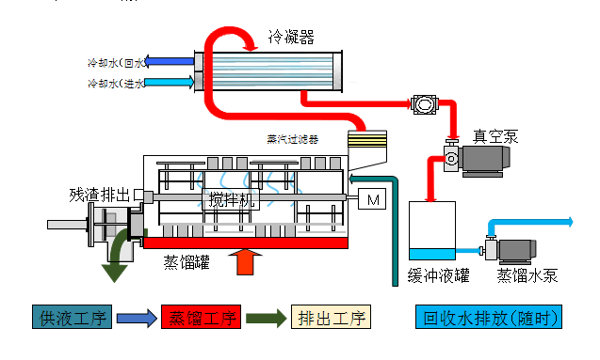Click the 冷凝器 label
pyautogui.click(x=291, y=37)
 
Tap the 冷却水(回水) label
pyautogui.click(x=117, y=64)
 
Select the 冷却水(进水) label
pyautogui.click(x=117, y=84)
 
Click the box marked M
pyautogui.click(x=372, y=199)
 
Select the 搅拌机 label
pyautogui.click(x=229, y=199)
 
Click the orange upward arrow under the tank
pyautogui.click(x=246, y=260)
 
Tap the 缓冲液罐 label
pyautogui.click(x=439, y=276)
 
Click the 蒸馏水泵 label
pyautogui.click(x=528, y=276)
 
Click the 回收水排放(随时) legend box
pyautogui.click(x=489, y=318)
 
